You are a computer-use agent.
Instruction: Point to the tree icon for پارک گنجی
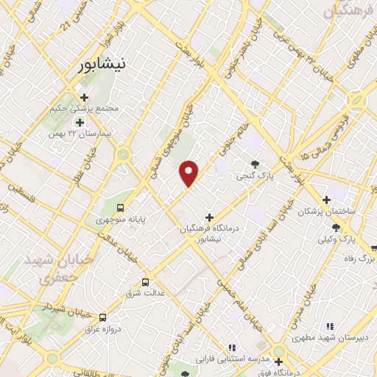[255, 164]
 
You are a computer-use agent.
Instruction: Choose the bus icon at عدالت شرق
[145, 281]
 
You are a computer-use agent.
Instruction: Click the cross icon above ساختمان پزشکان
[327, 199]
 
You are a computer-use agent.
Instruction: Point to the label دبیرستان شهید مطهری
[320, 338]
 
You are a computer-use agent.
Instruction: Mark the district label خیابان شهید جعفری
[46, 269]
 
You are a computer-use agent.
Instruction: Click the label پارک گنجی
[255, 177]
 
